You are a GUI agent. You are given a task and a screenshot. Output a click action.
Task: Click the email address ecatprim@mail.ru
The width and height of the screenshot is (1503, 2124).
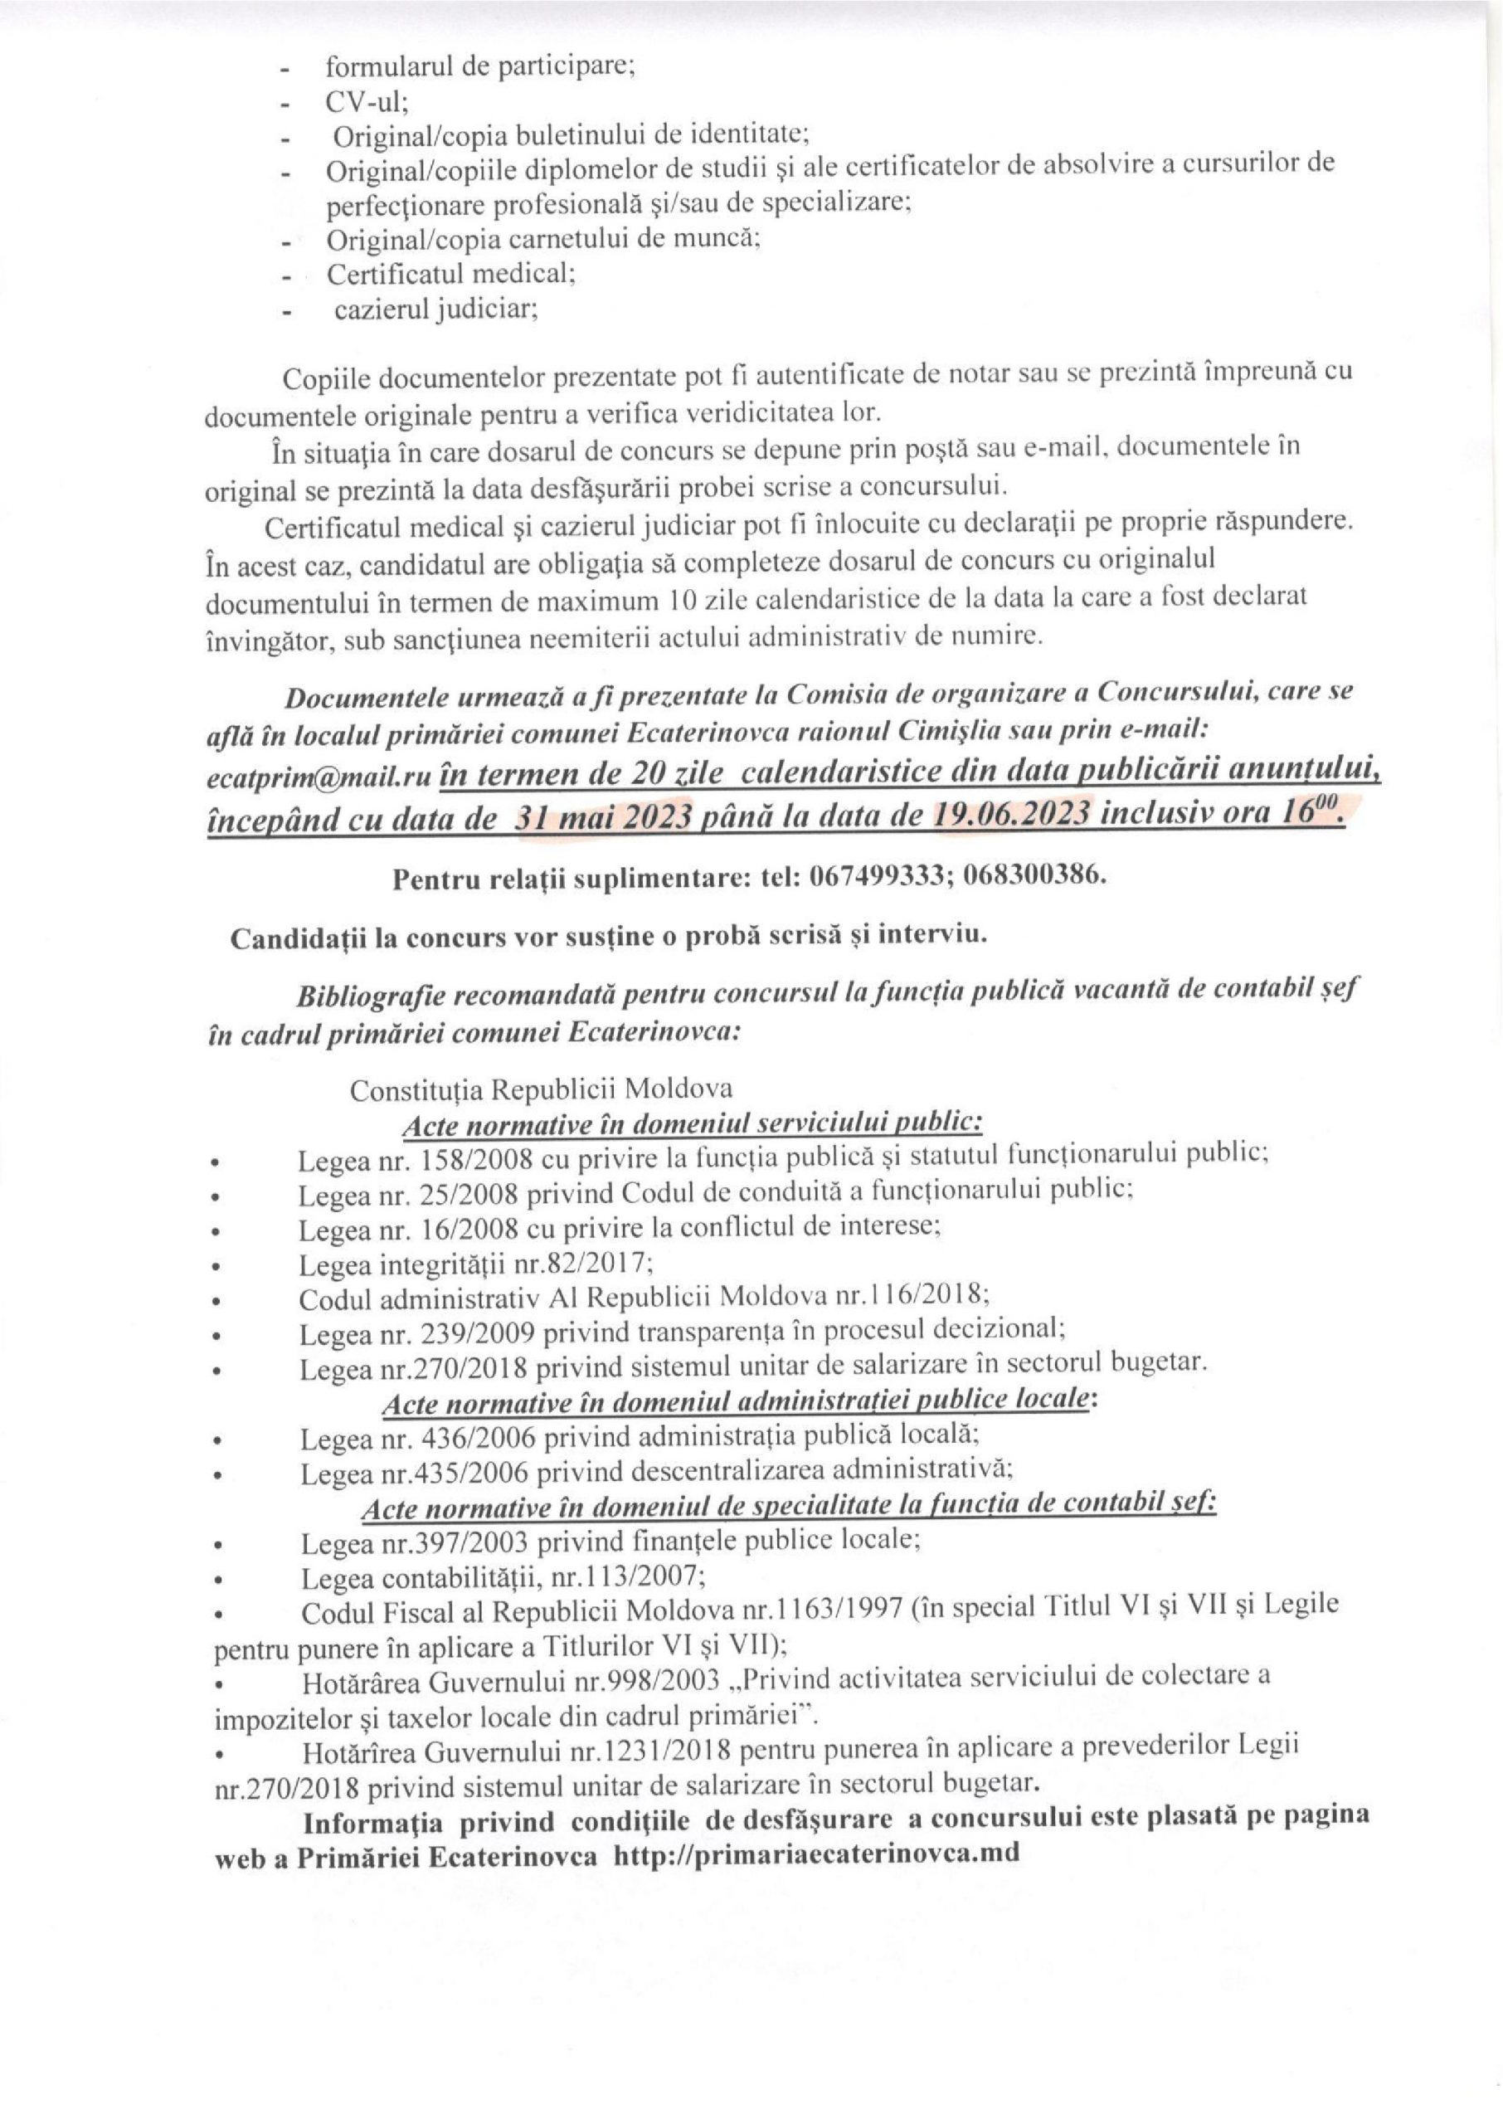[319, 778]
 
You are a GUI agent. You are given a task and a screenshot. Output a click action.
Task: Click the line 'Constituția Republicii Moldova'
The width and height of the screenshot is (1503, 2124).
[542, 1089]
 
